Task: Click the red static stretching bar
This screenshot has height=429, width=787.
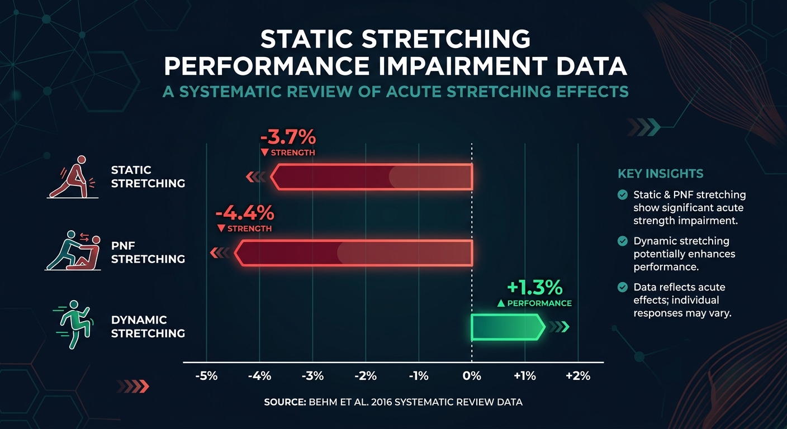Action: [x=372, y=177]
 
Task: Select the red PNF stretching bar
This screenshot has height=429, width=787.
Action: [x=353, y=252]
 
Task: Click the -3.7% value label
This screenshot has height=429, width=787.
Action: [x=288, y=137]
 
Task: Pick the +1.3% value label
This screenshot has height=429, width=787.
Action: [x=534, y=288]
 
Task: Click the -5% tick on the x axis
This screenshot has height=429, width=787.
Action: [x=206, y=376]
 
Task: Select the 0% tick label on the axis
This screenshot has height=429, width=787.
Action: [x=472, y=376]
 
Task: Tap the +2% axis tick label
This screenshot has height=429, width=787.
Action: [x=578, y=376]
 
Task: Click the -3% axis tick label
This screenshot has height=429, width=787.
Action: [x=312, y=376]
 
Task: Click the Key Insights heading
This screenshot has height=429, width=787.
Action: [x=660, y=174]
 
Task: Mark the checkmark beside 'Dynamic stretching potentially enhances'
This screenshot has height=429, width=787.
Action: [x=622, y=241]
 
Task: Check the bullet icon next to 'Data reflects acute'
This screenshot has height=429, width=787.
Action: [x=622, y=287]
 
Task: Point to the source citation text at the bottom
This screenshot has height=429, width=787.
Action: [x=393, y=402]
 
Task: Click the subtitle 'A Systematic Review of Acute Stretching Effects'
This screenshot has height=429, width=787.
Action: [x=395, y=92]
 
